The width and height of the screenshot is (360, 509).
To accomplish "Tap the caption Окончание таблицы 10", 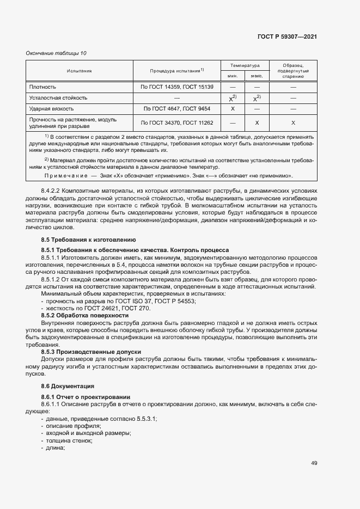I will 57,53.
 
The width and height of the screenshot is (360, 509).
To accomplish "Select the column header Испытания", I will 80,71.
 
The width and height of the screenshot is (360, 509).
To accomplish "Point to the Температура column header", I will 245,65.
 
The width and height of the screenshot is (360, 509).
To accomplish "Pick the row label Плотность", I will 43,87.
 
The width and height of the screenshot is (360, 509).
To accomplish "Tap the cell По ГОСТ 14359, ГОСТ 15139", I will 177,87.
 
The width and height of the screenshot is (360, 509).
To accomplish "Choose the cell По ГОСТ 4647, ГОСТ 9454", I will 177,109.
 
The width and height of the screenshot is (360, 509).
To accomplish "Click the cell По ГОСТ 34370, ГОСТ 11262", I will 177,123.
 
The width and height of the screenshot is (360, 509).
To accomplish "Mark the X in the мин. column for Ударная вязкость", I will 233,109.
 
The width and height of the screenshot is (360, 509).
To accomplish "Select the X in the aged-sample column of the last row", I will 293,123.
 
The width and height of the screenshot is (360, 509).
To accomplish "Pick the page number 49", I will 314,463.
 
